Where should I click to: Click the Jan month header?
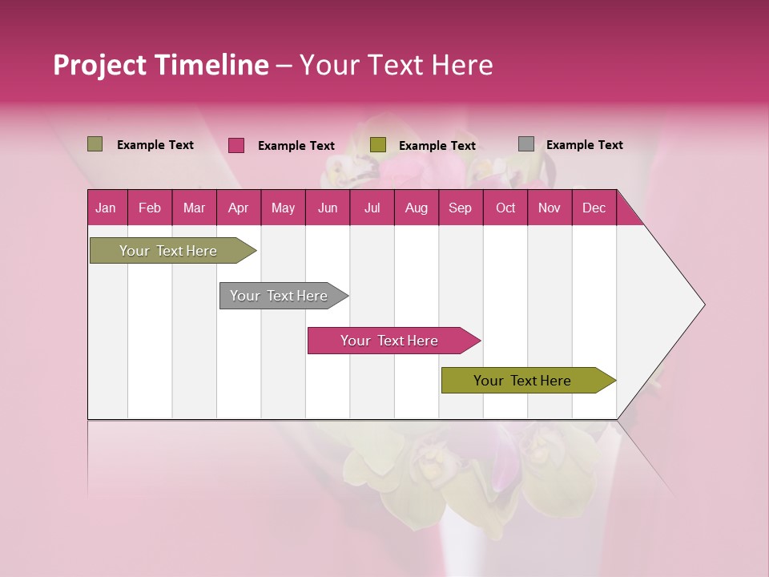106,208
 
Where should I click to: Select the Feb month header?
150,208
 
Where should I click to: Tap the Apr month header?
238,208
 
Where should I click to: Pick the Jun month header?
327,208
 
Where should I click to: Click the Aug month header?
416,208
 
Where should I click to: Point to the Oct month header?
505,208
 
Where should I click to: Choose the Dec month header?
594,208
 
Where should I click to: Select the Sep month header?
460,208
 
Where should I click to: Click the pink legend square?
236,145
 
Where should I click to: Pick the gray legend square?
526,144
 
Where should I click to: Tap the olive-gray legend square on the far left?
95,144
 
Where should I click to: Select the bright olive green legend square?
378,145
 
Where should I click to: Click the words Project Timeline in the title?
160,65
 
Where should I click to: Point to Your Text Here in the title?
396,65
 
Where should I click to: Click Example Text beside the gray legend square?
584,144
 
